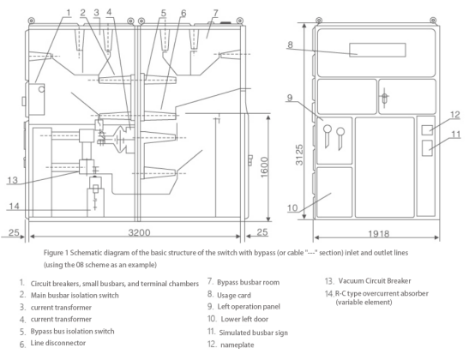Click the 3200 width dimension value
click(x=139, y=232)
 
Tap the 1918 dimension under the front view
click(x=379, y=234)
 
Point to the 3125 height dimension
click(x=299, y=155)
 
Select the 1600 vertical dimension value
click(x=264, y=167)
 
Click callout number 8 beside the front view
click(x=290, y=45)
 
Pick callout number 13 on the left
click(x=12, y=181)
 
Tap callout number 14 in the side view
click(x=14, y=207)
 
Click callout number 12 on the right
click(x=455, y=115)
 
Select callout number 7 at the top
click(x=215, y=13)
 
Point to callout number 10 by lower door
click(x=292, y=208)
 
